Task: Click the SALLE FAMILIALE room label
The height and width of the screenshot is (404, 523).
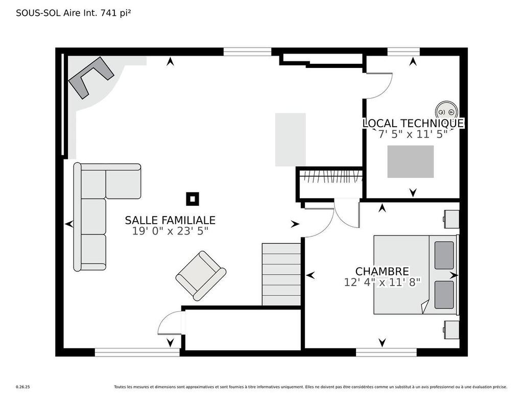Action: (170, 220)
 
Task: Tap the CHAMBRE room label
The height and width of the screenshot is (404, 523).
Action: (382, 272)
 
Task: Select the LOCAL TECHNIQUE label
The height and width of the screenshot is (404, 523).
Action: (413, 123)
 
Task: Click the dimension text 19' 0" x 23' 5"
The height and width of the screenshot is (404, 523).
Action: (170, 231)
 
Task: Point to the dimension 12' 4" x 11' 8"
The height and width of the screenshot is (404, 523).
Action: (382, 282)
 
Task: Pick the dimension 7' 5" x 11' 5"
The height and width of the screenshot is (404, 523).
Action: (413, 134)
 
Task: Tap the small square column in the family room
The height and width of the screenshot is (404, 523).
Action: (193, 199)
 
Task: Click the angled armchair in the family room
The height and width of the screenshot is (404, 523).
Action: (201, 275)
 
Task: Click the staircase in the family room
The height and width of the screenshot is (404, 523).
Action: (281, 274)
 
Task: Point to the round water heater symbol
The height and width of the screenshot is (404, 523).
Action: (446, 110)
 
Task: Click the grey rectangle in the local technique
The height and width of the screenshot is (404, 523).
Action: (410, 161)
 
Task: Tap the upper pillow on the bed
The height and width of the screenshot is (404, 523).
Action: (444, 255)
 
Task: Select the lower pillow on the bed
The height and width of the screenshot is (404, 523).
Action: (444, 295)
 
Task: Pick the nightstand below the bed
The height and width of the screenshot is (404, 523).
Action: (451, 329)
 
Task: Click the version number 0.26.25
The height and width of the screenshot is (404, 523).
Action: (22, 387)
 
